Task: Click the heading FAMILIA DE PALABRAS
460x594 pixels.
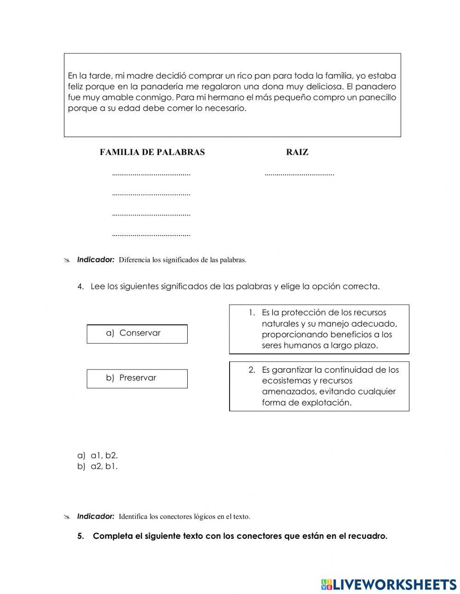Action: point(152,152)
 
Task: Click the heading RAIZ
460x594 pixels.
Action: point(297,152)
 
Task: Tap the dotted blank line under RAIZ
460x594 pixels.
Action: point(299,174)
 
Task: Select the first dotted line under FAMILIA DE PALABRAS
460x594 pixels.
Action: point(151,174)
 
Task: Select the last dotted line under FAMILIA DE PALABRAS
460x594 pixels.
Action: point(151,235)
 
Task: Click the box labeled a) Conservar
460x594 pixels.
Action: point(137,334)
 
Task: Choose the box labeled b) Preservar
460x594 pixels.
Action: point(137,378)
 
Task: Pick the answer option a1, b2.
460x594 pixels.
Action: point(104,456)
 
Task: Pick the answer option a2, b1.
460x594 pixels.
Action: point(104,466)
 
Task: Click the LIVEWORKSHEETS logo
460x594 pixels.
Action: point(389,584)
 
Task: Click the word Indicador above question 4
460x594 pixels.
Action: point(96,260)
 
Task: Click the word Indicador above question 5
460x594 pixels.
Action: point(96,516)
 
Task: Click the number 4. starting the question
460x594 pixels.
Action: point(81,286)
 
